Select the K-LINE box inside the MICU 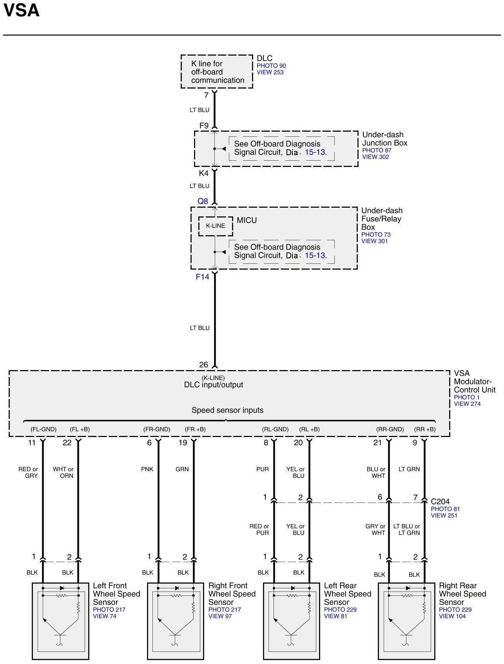[x=216, y=226]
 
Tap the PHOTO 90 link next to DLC [x=271, y=66]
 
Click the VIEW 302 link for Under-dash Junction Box [x=375, y=157]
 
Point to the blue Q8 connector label [x=203, y=201]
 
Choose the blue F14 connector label [x=203, y=277]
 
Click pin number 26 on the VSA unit [x=203, y=365]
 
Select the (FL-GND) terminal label [x=44, y=429]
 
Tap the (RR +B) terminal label [x=425, y=429]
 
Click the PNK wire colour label [x=147, y=469]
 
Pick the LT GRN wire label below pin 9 [x=409, y=469]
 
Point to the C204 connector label [x=440, y=501]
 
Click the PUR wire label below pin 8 [x=263, y=469]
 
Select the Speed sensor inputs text [x=227, y=410]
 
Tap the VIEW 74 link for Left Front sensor [x=105, y=616]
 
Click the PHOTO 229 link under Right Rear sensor [x=455, y=610]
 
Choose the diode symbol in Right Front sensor [x=177, y=588]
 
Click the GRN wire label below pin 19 [x=182, y=469]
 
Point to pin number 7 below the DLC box [x=206, y=95]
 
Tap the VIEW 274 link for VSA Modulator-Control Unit [x=467, y=404]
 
